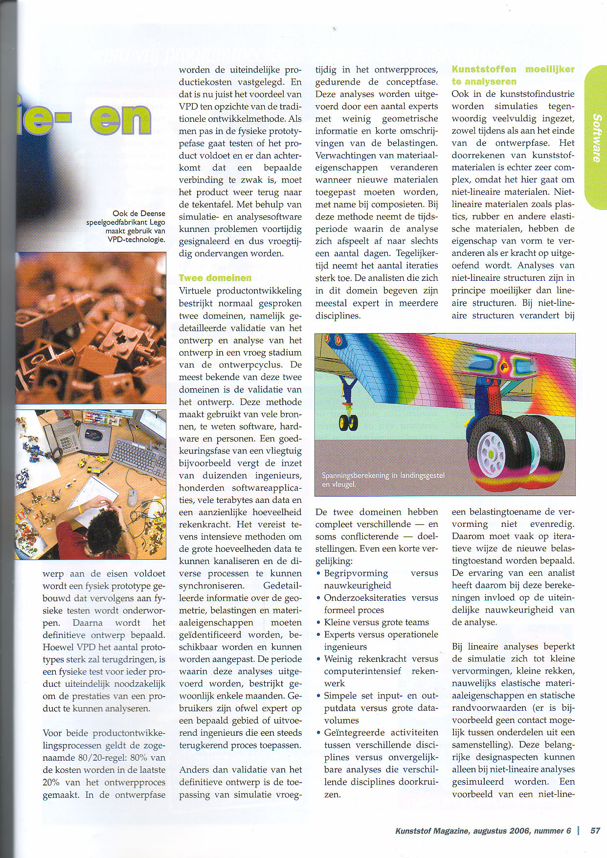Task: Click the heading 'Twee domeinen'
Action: coord(215,278)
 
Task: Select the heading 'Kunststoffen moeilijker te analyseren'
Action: coord(513,75)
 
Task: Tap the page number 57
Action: coord(595,830)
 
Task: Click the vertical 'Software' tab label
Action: coord(596,138)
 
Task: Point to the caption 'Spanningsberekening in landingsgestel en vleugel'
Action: coord(383,479)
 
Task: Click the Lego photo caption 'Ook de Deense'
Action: coord(138,213)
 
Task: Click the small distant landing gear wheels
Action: coord(348,421)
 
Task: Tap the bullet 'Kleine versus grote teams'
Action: coord(376,622)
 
